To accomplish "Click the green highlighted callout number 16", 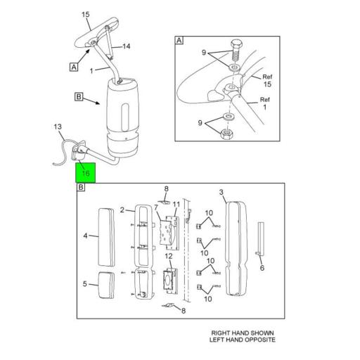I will tap(85, 173).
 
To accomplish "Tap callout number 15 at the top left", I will tap(86, 14).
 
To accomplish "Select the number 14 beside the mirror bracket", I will tap(127, 46).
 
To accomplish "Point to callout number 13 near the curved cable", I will tap(58, 127).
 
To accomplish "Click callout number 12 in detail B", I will tap(169, 257).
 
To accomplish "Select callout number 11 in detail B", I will tap(176, 205).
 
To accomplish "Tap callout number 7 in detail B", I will tap(156, 207).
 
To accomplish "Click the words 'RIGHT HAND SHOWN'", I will tap(243, 333).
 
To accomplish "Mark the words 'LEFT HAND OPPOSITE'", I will tap(243, 340).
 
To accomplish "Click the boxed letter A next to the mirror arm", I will tap(73, 67).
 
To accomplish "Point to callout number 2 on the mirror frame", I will tap(122, 210).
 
